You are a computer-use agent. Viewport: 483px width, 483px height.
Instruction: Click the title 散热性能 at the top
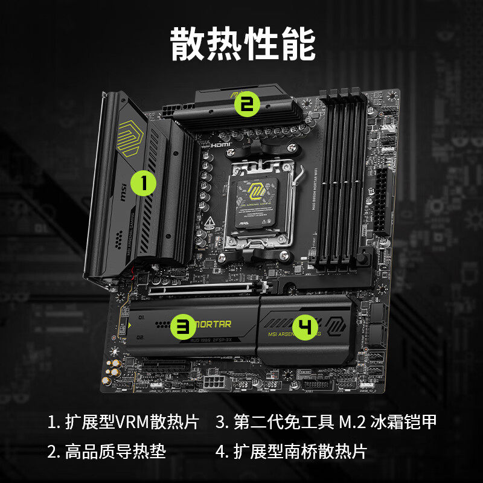click(242, 44)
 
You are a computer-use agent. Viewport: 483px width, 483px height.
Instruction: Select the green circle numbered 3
click(182, 327)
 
